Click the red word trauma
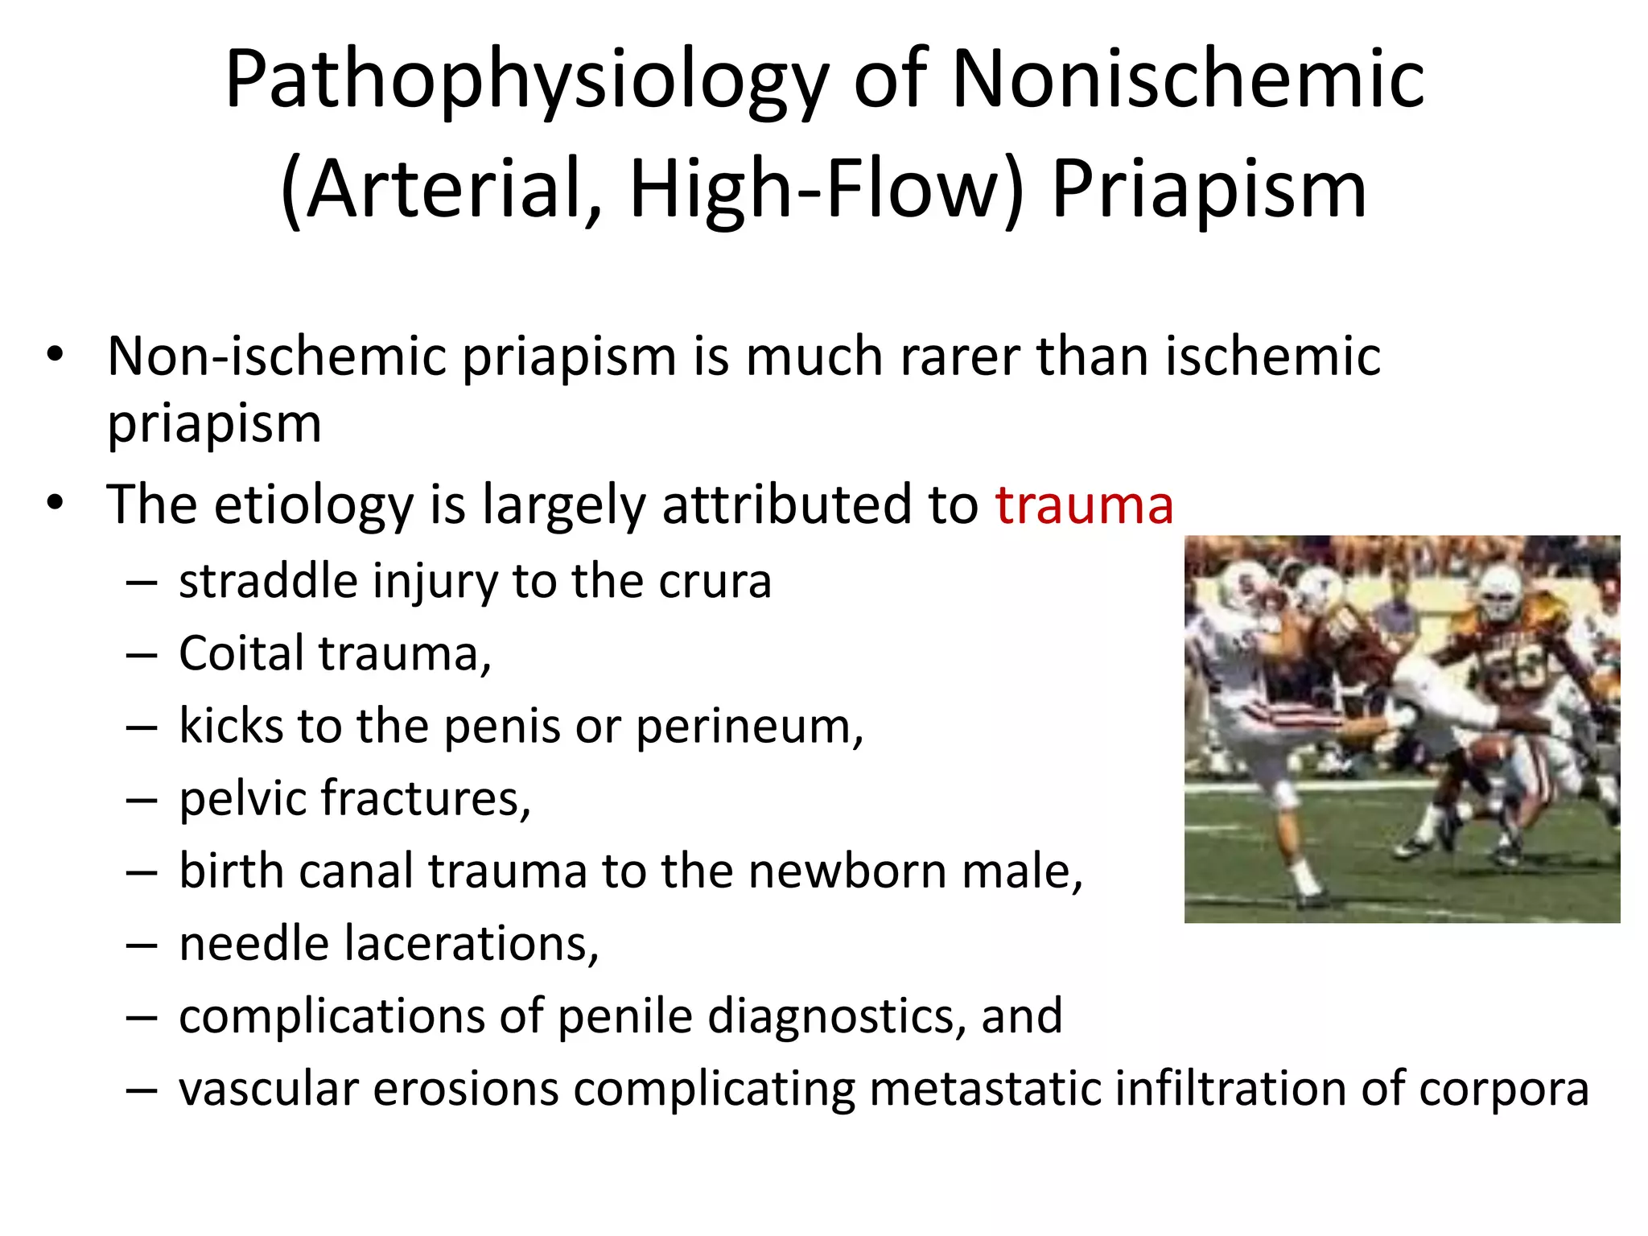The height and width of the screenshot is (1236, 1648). pos(1084,505)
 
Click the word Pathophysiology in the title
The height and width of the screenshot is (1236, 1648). pos(526,80)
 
